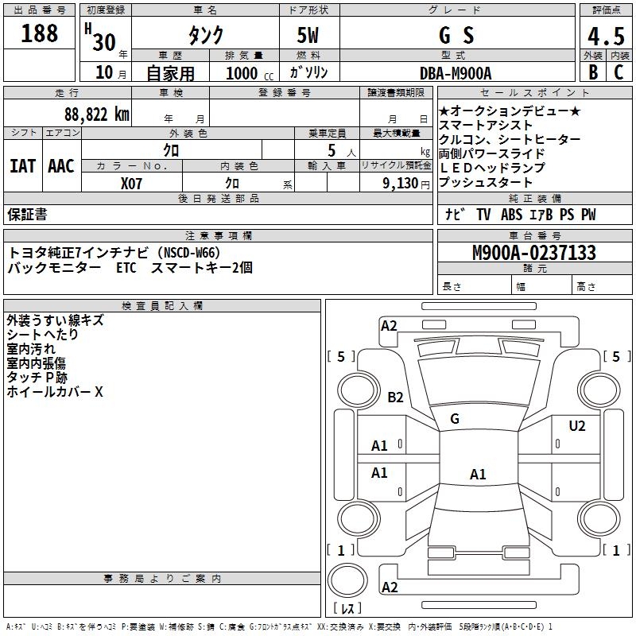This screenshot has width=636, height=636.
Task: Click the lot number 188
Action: tap(40, 33)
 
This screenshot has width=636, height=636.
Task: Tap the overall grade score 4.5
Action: tap(604, 36)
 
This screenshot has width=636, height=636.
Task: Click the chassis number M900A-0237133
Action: tap(533, 253)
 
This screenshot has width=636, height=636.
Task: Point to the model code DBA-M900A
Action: tap(456, 73)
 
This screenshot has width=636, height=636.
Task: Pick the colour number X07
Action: tap(132, 183)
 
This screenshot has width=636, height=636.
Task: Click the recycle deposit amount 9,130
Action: tap(405, 183)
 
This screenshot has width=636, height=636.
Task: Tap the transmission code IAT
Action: tap(22, 165)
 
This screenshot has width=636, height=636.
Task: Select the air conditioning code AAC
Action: tap(60, 165)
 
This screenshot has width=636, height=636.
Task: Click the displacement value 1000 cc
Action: tap(249, 73)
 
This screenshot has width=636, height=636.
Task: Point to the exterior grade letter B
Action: tap(592, 72)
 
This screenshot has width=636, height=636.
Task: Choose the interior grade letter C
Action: tap(619, 72)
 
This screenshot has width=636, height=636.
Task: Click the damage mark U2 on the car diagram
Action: tap(577, 426)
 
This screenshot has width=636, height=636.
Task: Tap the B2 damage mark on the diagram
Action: tap(395, 397)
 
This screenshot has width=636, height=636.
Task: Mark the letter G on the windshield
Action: tap(455, 418)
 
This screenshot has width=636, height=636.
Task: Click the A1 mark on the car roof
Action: tap(477, 475)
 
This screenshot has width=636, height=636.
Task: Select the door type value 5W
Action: tap(308, 36)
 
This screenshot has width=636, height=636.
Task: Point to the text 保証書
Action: tap(27, 215)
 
